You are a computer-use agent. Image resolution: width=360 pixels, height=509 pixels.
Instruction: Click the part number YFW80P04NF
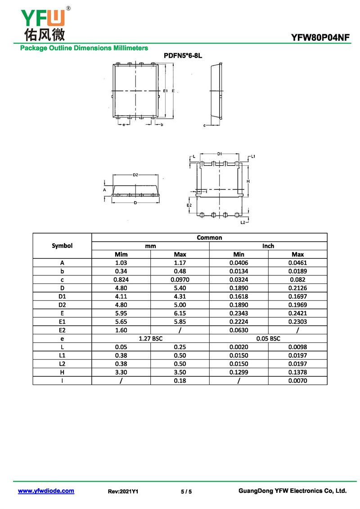(x=320, y=38)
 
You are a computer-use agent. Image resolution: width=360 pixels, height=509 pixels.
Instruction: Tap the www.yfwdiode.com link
(x=46, y=491)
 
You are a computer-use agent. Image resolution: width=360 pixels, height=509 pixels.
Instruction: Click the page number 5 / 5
(x=186, y=491)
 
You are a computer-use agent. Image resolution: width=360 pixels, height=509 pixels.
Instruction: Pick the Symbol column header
(x=62, y=246)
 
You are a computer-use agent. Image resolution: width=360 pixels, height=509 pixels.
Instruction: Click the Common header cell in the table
(x=209, y=237)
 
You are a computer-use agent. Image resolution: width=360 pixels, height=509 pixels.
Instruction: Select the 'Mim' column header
(x=121, y=254)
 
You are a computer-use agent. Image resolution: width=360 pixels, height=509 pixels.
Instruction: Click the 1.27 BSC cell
(x=150, y=338)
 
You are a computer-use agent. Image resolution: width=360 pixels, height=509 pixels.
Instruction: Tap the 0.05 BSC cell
(x=268, y=338)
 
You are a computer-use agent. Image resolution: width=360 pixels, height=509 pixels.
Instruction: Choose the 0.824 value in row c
(x=121, y=279)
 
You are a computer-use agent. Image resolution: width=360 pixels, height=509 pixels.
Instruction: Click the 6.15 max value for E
(x=180, y=313)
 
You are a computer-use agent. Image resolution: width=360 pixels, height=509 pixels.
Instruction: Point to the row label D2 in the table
(x=62, y=305)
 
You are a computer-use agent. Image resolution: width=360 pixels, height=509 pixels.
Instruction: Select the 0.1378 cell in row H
(x=297, y=372)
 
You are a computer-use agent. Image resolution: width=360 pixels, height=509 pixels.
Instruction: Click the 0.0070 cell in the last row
(x=297, y=381)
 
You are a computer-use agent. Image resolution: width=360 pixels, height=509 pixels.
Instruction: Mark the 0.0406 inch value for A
(x=238, y=263)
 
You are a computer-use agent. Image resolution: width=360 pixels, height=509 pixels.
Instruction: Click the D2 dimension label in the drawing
(x=135, y=175)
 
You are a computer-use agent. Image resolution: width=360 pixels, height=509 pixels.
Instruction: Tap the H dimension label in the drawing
(x=248, y=181)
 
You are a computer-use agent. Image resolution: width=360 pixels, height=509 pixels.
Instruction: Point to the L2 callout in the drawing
(x=243, y=222)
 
